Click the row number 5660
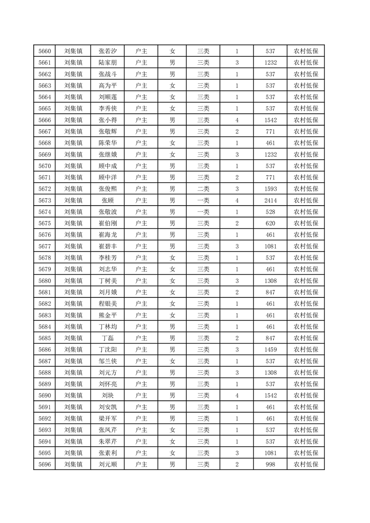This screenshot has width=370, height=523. pos(45,51)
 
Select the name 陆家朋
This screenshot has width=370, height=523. pos(108,63)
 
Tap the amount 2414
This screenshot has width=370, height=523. pos(270,200)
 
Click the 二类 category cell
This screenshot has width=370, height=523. pos(203,189)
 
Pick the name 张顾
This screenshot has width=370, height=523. pos(108,200)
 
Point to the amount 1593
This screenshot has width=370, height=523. pos(270,189)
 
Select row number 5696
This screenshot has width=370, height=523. pos(45,464)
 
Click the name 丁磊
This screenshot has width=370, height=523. pos(108,338)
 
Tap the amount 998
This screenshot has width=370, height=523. pos(270,464)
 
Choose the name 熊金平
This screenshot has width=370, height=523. pos(108,315)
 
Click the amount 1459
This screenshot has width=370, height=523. pos(270,349)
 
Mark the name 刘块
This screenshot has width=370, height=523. pos(108,395)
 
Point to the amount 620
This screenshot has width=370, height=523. pos(270,223)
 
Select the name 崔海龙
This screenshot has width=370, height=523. pos(108,234)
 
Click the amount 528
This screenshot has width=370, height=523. pos(270,212)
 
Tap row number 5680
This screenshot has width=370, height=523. pos(45,281)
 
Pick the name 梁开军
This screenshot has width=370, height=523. pos(108,418)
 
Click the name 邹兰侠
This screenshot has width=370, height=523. pos(108,361)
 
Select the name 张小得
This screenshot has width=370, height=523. pos(108,120)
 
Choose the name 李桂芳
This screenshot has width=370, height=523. pos(108,258)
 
